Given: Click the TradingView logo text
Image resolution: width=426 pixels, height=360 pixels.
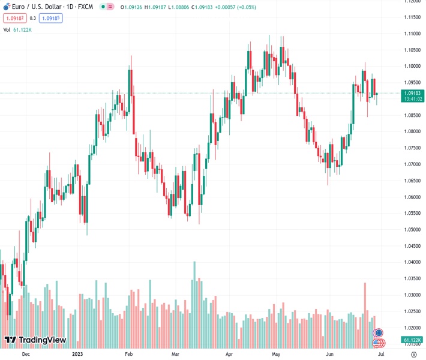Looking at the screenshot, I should (x=43, y=340).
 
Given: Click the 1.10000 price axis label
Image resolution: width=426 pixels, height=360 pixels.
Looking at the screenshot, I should (x=412, y=66).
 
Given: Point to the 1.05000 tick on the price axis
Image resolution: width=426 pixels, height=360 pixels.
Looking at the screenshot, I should (x=412, y=230).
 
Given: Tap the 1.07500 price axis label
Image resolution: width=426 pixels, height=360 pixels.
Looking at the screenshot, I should (x=412, y=148).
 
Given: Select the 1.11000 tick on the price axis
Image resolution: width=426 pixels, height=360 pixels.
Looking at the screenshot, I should (x=412, y=34).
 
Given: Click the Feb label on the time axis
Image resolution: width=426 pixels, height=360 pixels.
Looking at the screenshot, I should (x=128, y=354).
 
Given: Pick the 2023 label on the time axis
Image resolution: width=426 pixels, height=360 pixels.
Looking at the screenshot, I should (x=77, y=354).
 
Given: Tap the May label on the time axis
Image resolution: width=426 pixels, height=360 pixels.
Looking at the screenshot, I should (x=275, y=354).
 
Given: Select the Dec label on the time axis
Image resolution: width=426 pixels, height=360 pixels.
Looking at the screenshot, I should (x=26, y=354).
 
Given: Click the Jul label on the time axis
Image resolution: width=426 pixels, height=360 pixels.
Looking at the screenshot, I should (x=380, y=354).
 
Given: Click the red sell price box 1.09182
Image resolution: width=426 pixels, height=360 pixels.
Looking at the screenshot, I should (x=13, y=18).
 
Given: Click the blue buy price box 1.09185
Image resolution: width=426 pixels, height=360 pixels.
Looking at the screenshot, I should (x=51, y=18).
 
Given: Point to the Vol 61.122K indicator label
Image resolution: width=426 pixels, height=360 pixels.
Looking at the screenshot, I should (x=18, y=29).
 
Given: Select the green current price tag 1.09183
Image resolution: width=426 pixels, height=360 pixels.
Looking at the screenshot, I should (x=412, y=93).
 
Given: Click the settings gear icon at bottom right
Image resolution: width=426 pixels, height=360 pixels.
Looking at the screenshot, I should (x=413, y=355).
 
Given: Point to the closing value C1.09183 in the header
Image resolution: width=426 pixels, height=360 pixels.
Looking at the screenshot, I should (x=195, y=7).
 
